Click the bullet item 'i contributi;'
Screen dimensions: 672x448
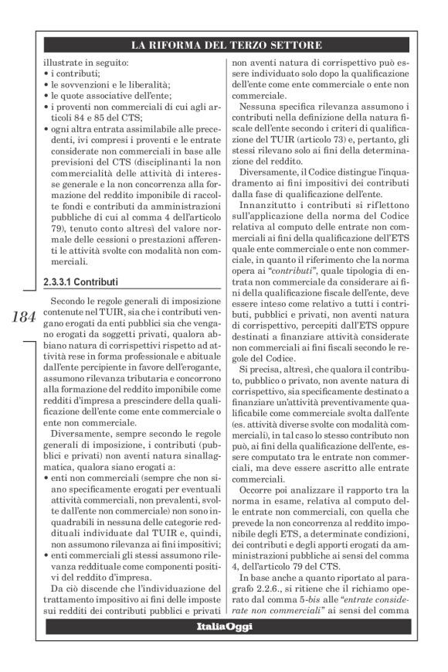pos(73,73)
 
